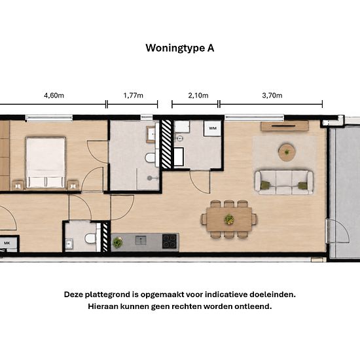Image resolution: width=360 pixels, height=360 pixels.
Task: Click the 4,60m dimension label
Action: (54, 95)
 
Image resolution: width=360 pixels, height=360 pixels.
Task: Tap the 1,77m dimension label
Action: (133, 95)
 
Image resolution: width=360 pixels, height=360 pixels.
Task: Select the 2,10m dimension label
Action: (198, 95)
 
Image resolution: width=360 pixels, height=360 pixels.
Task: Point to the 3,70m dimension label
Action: (272, 95)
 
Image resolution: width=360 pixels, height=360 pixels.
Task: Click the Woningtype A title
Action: (180, 48)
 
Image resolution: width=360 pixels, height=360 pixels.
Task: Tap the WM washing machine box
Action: (213, 128)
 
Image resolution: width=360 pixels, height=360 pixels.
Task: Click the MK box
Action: (8, 243)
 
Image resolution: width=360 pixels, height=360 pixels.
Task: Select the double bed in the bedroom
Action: (45, 162)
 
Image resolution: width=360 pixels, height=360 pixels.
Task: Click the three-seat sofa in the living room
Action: (284, 183)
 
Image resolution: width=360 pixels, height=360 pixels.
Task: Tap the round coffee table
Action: (287, 152)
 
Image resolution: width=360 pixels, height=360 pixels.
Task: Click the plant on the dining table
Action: (229, 219)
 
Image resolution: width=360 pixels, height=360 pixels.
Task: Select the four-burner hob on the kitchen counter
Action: (170, 242)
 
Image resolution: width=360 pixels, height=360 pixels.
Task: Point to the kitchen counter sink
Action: (141, 240)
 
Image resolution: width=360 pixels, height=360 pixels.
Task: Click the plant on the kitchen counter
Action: (117, 242)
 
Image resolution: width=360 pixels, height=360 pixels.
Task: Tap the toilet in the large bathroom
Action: (151, 158)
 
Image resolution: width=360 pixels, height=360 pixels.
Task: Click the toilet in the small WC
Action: (90, 238)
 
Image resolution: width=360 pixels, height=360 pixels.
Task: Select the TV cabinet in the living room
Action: (284, 126)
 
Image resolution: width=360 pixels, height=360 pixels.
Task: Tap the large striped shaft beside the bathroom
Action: (166, 144)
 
